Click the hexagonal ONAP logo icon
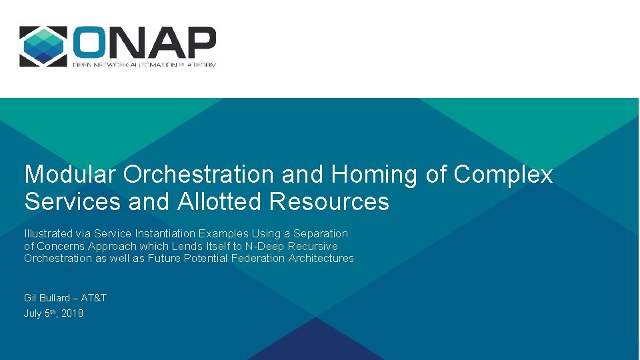tap(43, 46)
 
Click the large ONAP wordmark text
tap(145, 43)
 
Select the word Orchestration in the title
tap(199, 175)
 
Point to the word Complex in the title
tap(503, 175)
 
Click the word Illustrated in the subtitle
tap(49, 234)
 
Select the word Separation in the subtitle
tap(322, 234)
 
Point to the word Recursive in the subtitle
tap(313, 246)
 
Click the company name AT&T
tap(94, 298)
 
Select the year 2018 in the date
tap(72, 313)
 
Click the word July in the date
tap(33, 313)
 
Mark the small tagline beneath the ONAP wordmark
tap(145, 64)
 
